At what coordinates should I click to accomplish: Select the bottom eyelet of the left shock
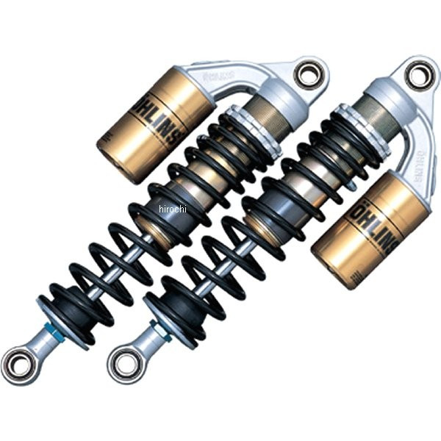(18, 362)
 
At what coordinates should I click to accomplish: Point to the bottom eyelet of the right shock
(123, 362)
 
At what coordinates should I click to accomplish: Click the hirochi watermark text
(173, 209)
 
